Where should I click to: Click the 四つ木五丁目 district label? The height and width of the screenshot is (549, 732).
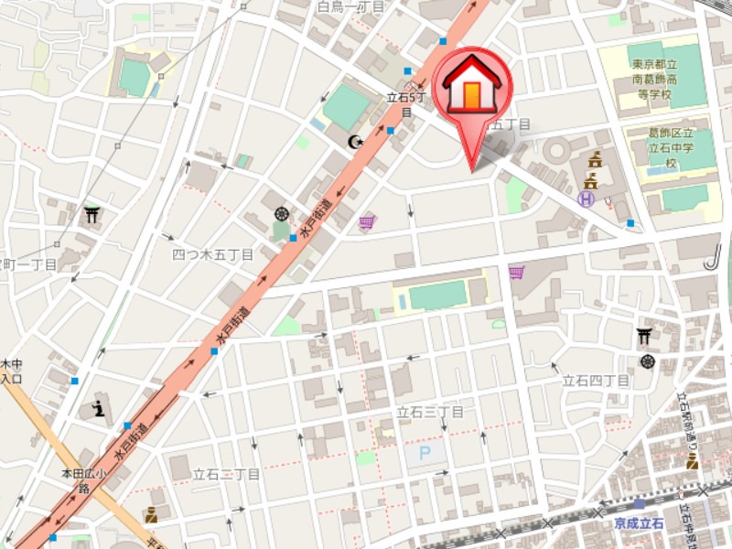tap(212, 255)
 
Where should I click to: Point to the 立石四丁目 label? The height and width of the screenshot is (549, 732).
tap(596, 380)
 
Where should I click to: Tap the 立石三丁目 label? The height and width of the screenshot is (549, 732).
tap(430, 413)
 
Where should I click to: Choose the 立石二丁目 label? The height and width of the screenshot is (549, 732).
tap(227, 474)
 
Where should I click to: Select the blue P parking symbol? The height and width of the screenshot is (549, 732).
tap(424, 452)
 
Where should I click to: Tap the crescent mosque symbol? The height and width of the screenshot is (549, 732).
tap(355, 142)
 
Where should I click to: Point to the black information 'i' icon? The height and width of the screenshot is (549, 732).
tap(98, 408)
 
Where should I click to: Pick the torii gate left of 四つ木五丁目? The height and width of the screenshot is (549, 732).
tap(91, 215)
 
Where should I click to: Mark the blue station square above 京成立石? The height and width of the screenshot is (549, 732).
tap(639, 504)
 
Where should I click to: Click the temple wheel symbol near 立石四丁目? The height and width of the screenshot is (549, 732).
tap(649, 361)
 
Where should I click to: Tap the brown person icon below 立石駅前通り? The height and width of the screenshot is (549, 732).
tap(692, 462)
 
